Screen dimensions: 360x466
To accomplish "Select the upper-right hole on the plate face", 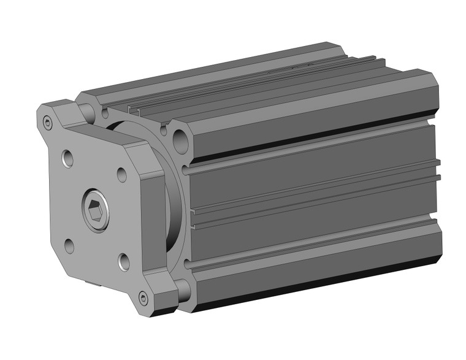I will [121, 174].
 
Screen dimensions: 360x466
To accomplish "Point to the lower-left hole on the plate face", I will [69, 247].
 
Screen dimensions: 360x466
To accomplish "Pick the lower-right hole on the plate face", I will [124, 262].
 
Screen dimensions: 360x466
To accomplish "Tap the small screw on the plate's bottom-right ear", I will [143, 299].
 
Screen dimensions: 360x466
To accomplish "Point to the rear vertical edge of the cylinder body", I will [439, 184].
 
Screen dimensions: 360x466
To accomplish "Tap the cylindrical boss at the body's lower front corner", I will [182, 286].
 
